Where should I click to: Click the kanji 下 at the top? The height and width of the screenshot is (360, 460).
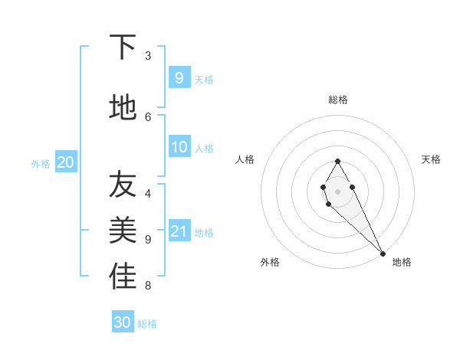click(x=123, y=47)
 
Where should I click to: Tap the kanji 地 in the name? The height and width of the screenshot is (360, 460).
click(x=123, y=107)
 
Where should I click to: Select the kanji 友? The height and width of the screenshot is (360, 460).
click(x=123, y=185)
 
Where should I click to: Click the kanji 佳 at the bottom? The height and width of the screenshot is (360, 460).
click(x=123, y=277)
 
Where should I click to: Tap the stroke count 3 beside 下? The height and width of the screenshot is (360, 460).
click(x=148, y=56)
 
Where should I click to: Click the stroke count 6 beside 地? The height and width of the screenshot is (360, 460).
click(x=148, y=116)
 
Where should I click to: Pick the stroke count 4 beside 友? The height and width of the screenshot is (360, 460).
click(x=148, y=194)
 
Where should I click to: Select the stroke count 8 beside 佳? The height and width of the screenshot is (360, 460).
click(x=148, y=286)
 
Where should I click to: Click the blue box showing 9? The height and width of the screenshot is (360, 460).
click(x=179, y=77)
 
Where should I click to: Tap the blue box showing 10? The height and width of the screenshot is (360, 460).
click(x=179, y=147)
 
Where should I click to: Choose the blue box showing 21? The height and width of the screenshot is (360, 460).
click(x=179, y=231)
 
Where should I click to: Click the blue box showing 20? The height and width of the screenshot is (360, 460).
click(x=66, y=162)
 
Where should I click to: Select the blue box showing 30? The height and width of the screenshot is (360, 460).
click(x=123, y=322)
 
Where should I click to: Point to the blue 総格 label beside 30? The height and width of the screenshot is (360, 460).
click(x=148, y=324)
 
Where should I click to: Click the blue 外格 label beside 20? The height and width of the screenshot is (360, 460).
click(x=41, y=164)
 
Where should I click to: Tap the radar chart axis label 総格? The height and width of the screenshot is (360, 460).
click(x=338, y=100)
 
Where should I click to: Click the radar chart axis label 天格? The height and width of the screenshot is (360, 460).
click(x=431, y=159)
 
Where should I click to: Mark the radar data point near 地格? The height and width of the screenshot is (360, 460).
click(x=383, y=253)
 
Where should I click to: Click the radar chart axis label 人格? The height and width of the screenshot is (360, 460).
click(x=245, y=159)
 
